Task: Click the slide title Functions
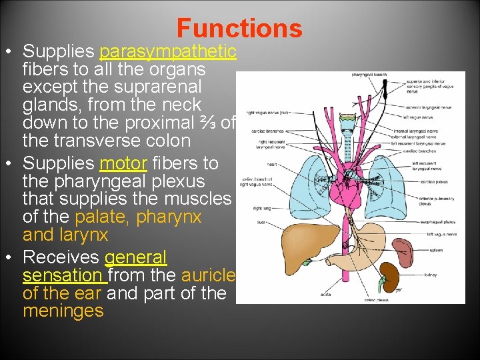pyautogui.click(x=239, y=28)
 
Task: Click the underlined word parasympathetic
pyautogui.click(x=167, y=51)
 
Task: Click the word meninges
pyautogui.click(x=63, y=311)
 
